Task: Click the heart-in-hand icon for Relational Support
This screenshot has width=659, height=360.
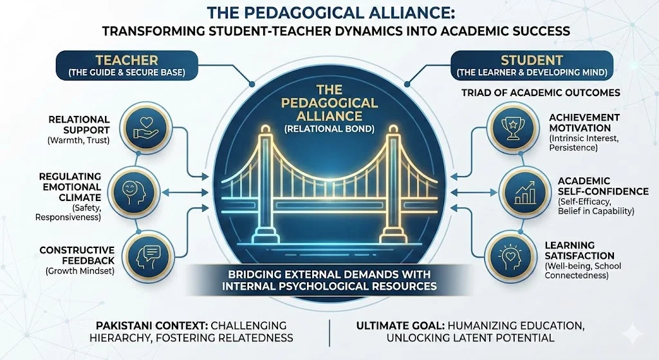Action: [x=145, y=128]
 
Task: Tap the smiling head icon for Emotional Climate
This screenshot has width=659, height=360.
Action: [x=134, y=192]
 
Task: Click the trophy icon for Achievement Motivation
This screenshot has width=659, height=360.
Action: [x=512, y=128]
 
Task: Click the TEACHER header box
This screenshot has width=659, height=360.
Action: [x=127, y=65]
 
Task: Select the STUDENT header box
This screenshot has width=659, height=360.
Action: [x=532, y=65]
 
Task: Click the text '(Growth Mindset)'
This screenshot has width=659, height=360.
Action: [x=80, y=271]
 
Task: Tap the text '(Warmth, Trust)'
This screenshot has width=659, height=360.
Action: [x=79, y=140]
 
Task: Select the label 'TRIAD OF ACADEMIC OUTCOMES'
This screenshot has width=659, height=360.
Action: [x=541, y=93]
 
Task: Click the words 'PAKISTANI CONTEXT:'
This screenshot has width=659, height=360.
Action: [x=151, y=326]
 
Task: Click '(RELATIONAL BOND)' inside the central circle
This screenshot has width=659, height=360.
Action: [x=329, y=129]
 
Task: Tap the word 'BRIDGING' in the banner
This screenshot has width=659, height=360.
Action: [x=255, y=274]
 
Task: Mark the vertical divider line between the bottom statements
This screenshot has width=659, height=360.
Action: [x=329, y=332]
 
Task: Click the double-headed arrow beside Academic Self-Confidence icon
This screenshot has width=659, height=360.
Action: [x=476, y=193]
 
